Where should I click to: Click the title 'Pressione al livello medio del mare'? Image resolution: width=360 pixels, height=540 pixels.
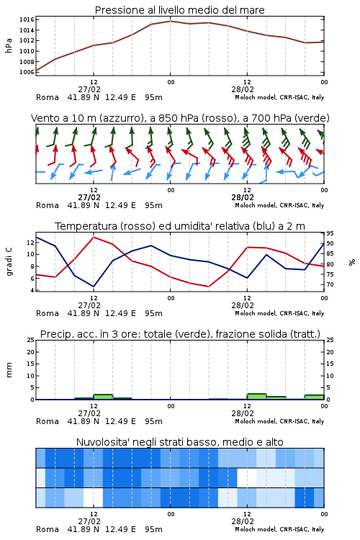coord(179,10)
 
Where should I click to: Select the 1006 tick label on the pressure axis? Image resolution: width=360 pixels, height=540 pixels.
coord(27,72)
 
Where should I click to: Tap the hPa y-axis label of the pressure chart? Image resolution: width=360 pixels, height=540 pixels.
coord(9,45)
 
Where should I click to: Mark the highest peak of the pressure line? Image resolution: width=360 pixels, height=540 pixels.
coord(170,21)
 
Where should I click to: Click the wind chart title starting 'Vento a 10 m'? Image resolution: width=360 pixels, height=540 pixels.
coord(180,118)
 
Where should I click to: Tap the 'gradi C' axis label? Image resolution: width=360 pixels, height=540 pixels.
coord(9,261)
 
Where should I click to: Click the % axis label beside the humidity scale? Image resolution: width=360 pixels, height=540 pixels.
coord(352,262)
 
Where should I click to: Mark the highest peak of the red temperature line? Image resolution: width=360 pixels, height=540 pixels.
coord(94,238)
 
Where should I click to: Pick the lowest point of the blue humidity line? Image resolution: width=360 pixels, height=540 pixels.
coord(94,287)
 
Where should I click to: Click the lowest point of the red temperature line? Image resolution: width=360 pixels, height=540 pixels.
coord(208,287)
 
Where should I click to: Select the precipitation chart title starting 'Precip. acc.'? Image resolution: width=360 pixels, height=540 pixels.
coord(180,334)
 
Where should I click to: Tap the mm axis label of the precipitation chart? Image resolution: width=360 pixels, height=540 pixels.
coord(9,370)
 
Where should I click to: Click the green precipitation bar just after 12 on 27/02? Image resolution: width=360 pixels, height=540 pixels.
coord(104,397)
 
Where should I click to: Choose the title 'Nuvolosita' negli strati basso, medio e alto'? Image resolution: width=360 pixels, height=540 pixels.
coord(179,442)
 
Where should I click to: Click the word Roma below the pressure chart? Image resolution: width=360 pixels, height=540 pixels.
coord(48,97)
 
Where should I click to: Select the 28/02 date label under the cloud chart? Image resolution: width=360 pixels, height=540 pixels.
coord(243,521)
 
